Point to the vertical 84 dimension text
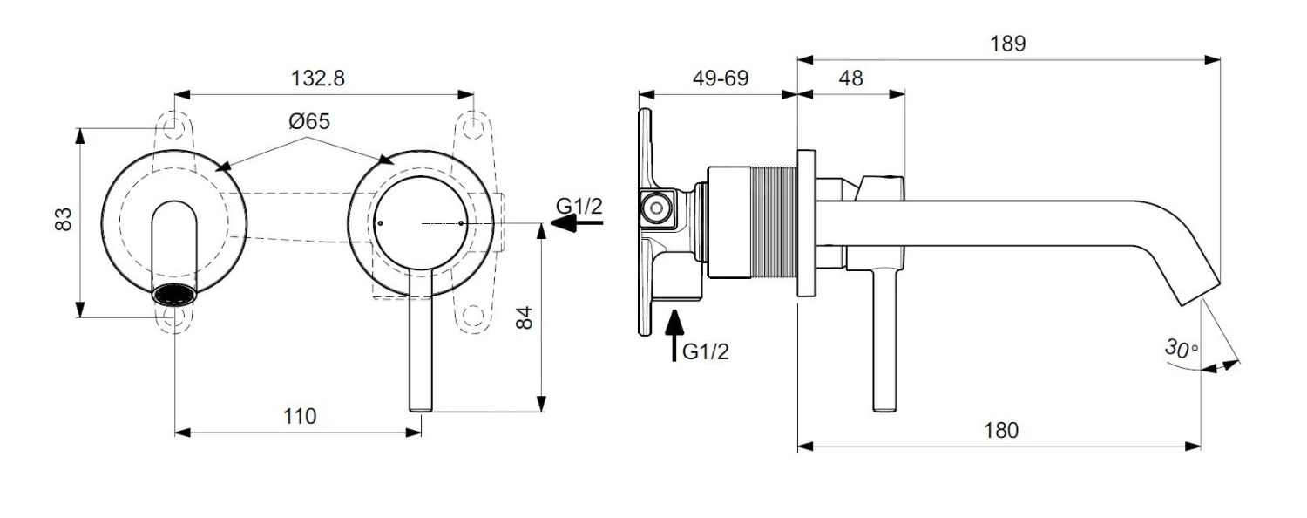tap(524, 317)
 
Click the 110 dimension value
tap(299, 416)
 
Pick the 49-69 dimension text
tap(719, 78)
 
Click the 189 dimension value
tap(1008, 44)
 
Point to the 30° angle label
tap(1182, 348)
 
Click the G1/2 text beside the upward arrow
tap(705, 351)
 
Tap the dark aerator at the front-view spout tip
tap(175, 294)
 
